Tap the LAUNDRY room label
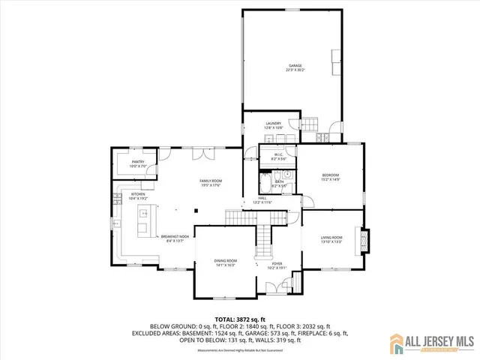coord(272,125)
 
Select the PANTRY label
coord(138,163)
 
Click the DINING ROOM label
coord(226,262)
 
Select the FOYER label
coord(277,264)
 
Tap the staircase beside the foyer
coord(263,241)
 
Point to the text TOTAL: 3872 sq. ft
coord(239,319)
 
